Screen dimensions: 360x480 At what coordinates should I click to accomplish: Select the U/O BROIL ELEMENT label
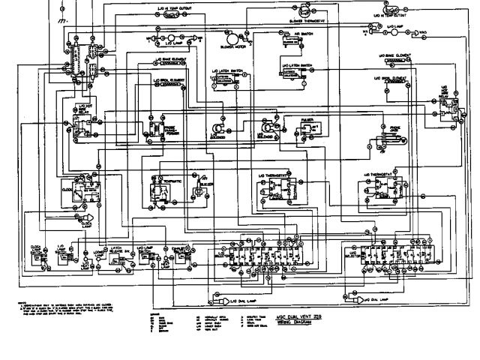(392, 77)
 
